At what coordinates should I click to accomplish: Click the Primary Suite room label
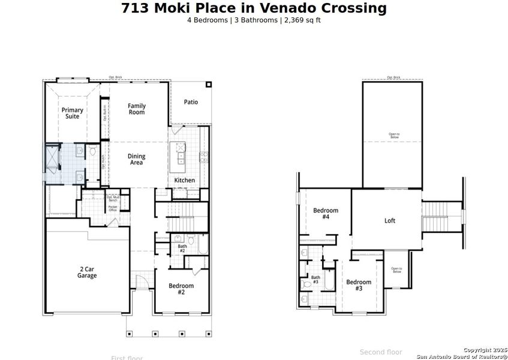[72, 113]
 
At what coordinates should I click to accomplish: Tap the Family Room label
[137, 109]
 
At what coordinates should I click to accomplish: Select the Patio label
[191, 102]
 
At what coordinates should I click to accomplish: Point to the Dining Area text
[137, 160]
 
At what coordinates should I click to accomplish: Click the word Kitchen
[184, 180]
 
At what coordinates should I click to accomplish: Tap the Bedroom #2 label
[181, 289]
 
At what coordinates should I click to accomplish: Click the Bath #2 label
[182, 247]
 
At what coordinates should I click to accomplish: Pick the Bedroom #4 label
[326, 214]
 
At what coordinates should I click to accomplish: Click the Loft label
[390, 221]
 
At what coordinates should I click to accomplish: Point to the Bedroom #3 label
[359, 285]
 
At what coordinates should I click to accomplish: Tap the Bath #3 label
[315, 279]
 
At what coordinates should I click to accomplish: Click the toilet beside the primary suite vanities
[93, 151]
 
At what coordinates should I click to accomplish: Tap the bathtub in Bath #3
[329, 283]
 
